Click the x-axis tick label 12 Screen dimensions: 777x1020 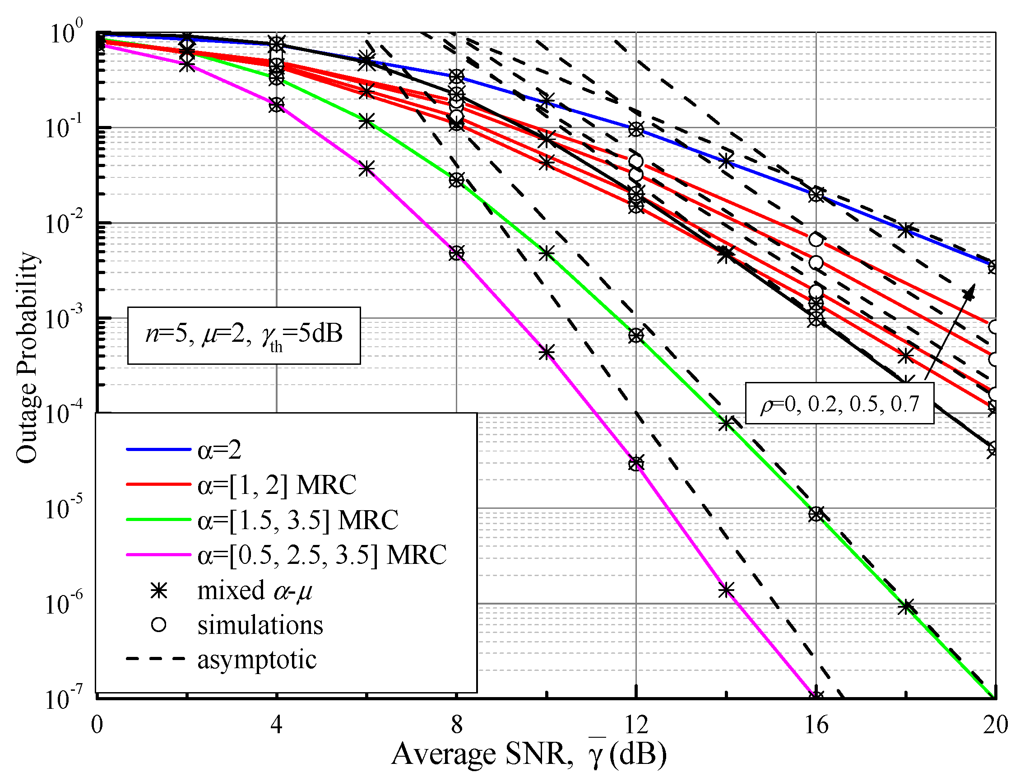click(636, 725)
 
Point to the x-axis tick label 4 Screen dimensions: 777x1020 click(276, 725)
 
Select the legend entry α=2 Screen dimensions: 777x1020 click(219, 450)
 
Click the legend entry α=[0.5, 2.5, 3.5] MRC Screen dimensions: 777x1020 click(322, 554)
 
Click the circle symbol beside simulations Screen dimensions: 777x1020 click(158, 625)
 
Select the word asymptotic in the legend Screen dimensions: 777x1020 click(257, 659)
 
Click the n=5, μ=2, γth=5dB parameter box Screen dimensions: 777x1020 click(244, 335)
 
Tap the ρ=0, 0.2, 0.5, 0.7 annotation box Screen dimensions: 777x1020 click(839, 403)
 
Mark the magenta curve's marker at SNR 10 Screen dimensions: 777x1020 click(547, 353)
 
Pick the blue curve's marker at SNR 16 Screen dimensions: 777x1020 click(816, 195)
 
